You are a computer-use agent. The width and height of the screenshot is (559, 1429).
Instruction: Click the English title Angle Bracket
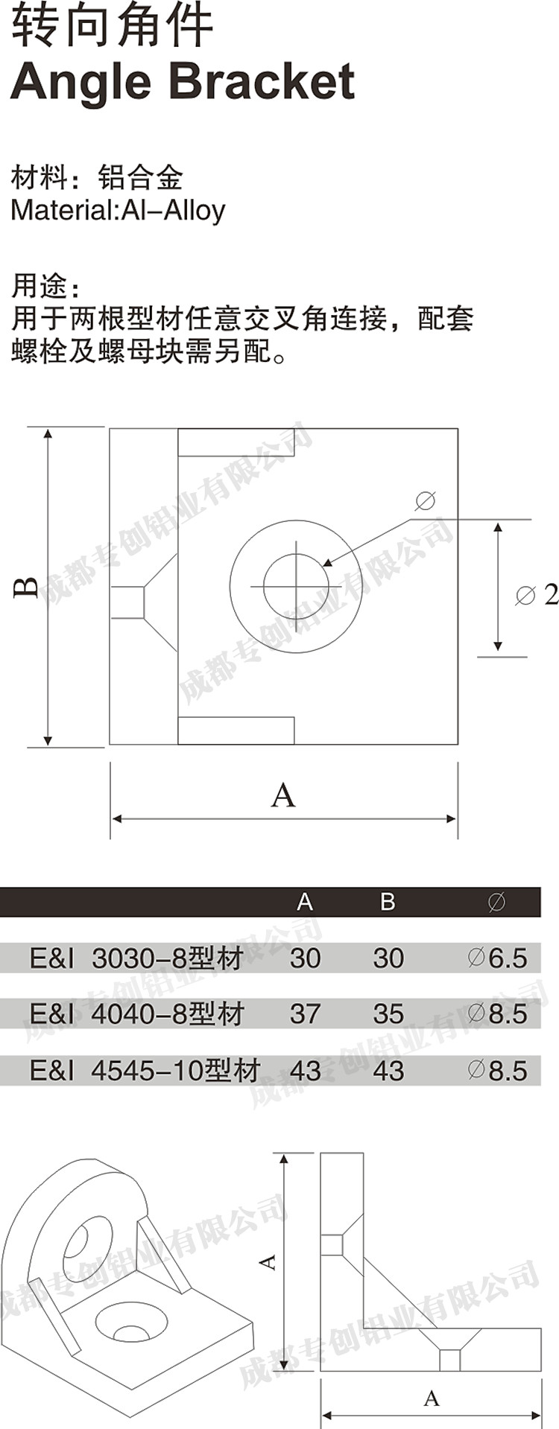click(x=182, y=81)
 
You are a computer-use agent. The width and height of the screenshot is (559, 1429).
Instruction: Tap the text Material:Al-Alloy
click(x=118, y=211)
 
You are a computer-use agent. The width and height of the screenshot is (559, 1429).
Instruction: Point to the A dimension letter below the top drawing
click(x=283, y=796)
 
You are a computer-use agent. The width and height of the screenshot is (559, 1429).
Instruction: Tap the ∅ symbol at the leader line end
click(x=425, y=500)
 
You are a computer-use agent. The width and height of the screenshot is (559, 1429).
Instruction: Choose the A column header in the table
click(x=304, y=902)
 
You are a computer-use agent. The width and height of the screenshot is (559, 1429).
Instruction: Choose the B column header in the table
click(x=388, y=902)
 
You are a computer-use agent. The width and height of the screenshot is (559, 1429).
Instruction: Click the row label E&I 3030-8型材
click(x=136, y=958)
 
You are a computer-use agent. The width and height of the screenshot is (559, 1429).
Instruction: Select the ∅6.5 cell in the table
click(x=497, y=958)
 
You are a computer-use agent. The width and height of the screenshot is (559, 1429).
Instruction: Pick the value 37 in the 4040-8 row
click(x=305, y=1013)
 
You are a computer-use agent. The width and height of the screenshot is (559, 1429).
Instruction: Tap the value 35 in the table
click(x=388, y=1013)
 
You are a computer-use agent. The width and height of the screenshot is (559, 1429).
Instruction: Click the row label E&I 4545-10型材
click(x=145, y=1071)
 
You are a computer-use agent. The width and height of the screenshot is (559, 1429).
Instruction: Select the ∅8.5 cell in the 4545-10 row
click(x=497, y=1071)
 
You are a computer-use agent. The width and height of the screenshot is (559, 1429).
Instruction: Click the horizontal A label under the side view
click(x=432, y=1398)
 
